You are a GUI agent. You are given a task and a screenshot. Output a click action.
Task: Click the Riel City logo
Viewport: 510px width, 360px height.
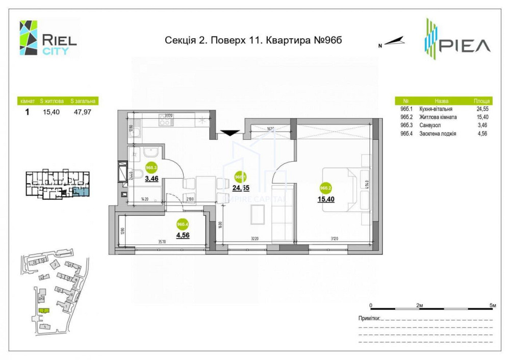[48, 38]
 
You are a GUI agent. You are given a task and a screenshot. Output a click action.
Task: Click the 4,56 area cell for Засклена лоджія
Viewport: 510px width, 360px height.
[482, 134]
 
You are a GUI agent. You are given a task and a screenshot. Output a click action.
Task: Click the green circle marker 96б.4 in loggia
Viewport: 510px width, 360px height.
[183, 224]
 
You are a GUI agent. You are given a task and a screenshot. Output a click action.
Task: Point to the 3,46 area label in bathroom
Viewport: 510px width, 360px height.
[151, 179]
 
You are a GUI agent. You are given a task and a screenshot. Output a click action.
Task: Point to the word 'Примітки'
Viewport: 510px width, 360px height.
[369, 318]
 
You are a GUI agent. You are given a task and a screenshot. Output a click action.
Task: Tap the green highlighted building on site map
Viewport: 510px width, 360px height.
[44, 311]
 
